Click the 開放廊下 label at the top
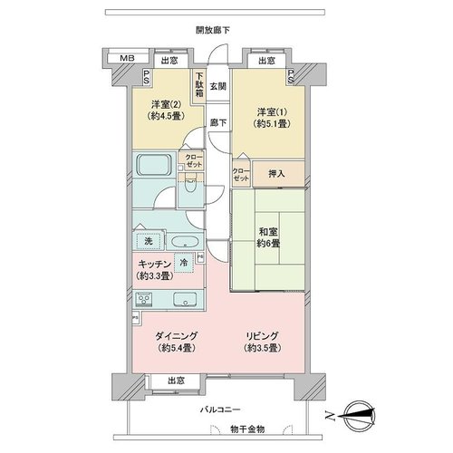(213, 30)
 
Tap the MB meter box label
(127, 58)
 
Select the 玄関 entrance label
(218, 86)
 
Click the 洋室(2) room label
(166, 104)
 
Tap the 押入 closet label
(276, 174)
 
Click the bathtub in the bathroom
(152, 165)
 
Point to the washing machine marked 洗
(149, 241)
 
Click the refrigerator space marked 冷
(183, 262)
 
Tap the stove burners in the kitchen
(143, 299)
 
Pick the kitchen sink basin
(185, 299)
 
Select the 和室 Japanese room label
(268, 232)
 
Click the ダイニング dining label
(177, 336)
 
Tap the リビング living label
(262, 336)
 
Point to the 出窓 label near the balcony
(177, 381)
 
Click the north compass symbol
(361, 417)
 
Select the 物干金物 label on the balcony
(247, 429)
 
